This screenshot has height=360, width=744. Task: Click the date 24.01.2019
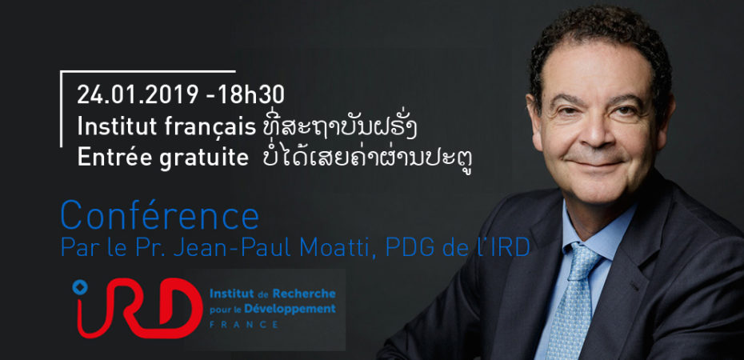[138, 95]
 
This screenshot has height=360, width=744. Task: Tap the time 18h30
[251, 95]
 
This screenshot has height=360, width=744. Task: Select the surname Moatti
[332, 246]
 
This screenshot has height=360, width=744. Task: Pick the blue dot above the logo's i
[80, 286]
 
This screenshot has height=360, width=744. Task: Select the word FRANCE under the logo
[243, 325]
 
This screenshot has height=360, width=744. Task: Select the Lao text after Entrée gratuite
[367, 159]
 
